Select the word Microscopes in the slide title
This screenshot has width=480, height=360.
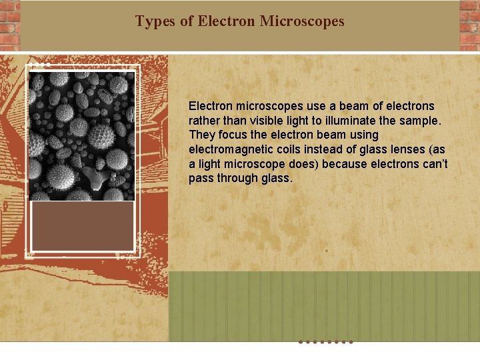tap(302, 21)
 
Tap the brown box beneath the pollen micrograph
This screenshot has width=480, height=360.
tap(83, 225)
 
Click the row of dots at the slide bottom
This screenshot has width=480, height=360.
tap(325, 342)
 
